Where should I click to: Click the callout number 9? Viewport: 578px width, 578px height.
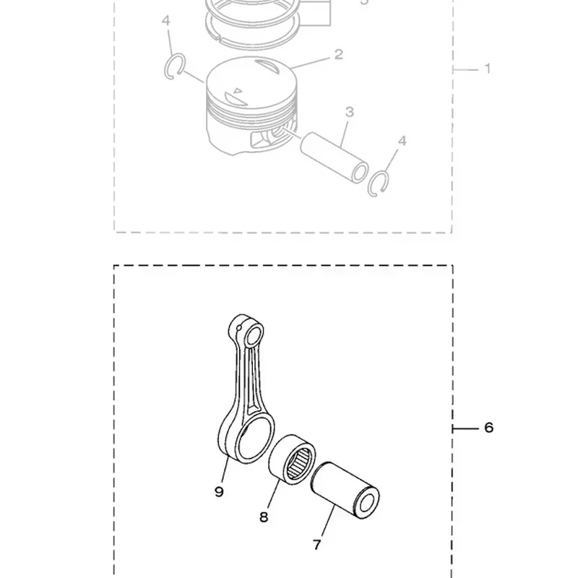point(220,491)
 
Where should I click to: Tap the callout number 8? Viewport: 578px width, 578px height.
point(264,517)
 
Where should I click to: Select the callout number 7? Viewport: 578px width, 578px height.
point(317,545)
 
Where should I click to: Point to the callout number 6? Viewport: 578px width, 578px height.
point(489,428)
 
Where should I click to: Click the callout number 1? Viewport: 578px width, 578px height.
point(487,69)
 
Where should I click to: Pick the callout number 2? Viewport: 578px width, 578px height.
point(339,55)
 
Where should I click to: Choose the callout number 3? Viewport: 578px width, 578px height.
point(350,112)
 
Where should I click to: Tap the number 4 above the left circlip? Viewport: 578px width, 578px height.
point(166,21)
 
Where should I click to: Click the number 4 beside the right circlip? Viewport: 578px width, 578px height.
point(402,141)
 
